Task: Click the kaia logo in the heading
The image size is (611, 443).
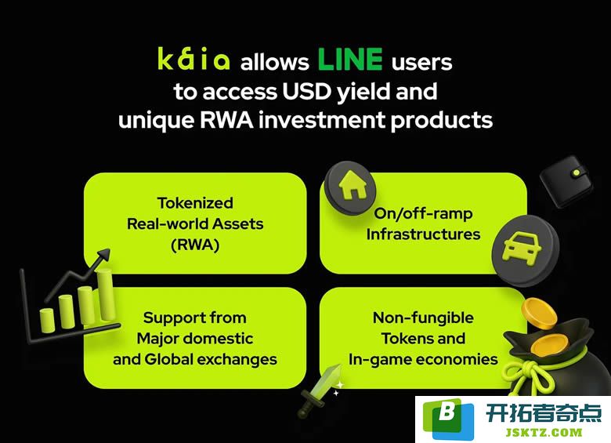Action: coord(193,59)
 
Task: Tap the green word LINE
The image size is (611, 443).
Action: coord(350,60)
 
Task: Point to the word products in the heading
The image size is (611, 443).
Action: coord(442,121)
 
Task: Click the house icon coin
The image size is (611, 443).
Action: coord(351,187)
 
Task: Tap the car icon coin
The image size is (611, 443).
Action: coord(525,250)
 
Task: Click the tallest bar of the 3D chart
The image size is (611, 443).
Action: coord(106,294)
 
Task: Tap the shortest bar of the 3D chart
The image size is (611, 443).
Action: coord(48,320)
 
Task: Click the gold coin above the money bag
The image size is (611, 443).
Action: coord(539,313)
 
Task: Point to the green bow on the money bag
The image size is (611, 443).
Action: coord(526,376)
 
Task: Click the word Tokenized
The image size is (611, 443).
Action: coord(195,203)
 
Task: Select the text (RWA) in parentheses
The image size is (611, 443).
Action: coord(195,245)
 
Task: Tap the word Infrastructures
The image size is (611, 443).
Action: coord(423,234)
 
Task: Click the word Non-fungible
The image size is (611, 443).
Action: coord(423,318)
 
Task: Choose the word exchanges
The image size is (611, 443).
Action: coord(237,360)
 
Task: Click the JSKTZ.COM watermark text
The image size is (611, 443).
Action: coord(544,432)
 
